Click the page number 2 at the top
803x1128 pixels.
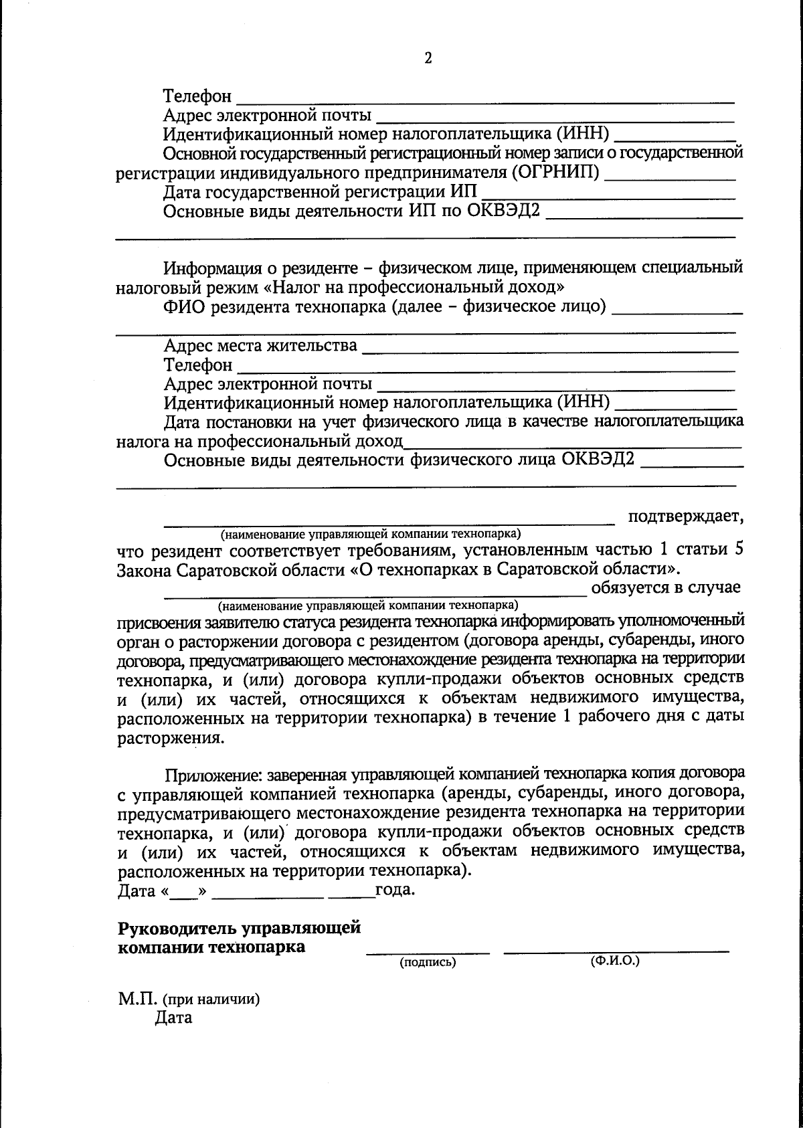coord(428,58)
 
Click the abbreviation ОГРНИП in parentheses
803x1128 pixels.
coord(555,173)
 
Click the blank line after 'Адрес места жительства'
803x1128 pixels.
coord(549,351)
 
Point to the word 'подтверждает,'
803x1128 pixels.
coord(685,516)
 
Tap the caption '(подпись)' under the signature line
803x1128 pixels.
coord(428,963)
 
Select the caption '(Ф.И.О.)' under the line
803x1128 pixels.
coord(615,961)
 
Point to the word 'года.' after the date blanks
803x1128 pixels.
coord(395,890)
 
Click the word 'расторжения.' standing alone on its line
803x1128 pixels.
coord(171,739)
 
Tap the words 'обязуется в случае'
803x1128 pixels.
coord(665,587)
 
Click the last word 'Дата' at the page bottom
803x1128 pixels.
coord(173,1018)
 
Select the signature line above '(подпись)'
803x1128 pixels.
coord(428,951)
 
